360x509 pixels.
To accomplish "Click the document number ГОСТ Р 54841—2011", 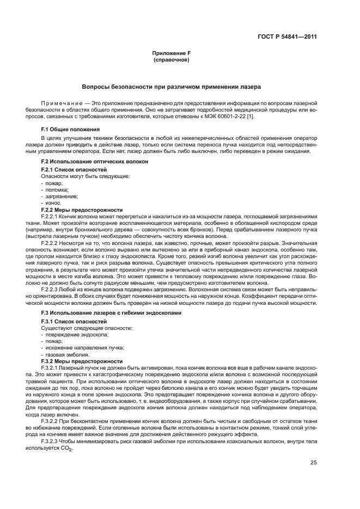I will [x=288, y=36].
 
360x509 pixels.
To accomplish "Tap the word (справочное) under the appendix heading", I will [x=172, y=59].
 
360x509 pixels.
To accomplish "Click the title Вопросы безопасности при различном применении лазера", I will [x=172, y=87].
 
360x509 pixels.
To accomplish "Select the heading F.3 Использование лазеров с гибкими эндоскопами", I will [x=113, y=314].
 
